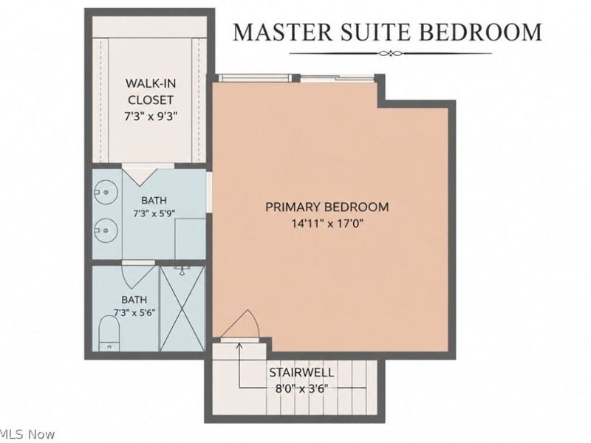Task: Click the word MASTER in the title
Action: point(283,32)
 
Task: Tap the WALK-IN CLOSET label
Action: point(151,92)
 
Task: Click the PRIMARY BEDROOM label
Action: point(327,207)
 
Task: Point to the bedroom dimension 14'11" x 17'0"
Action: point(327,224)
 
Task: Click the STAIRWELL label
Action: point(301,373)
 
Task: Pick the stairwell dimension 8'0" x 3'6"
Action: point(301,388)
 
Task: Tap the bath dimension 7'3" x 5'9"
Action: point(154,213)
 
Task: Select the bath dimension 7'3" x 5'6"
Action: point(134,312)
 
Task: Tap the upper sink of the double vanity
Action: point(106,192)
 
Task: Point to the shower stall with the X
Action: point(182,309)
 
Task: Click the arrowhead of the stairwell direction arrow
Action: point(239,346)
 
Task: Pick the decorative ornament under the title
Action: point(391,53)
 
